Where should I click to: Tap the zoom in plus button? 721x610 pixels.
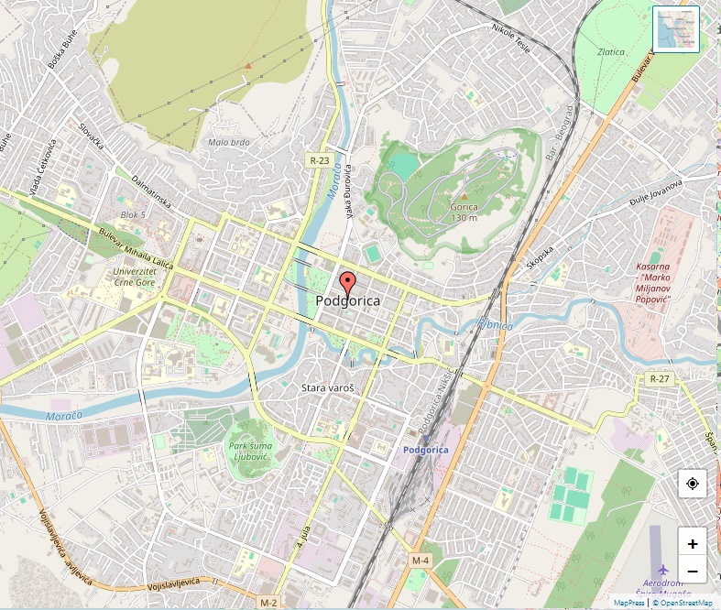(692, 543)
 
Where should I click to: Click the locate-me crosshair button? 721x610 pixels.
(692, 484)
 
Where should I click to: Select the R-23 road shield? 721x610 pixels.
(318, 160)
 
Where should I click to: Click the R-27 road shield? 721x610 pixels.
(659, 378)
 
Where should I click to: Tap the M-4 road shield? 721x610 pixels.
(421, 560)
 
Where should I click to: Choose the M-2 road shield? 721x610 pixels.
(268, 603)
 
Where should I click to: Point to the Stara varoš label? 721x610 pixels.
(327, 388)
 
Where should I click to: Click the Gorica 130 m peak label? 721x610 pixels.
(464, 212)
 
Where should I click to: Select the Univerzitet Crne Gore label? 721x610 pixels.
(135, 277)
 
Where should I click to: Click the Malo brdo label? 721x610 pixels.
(228, 142)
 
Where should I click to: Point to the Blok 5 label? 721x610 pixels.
(134, 214)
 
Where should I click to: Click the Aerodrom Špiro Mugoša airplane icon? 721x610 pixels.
(663, 571)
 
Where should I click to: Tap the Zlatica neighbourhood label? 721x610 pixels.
(611, 52)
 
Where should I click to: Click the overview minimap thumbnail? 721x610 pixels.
(676, 29)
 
